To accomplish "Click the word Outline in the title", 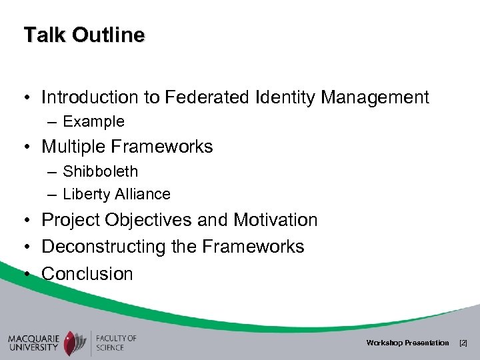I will [x=105, y=35].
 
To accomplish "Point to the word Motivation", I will [x=271, y=220].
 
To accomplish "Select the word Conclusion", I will [x=87, y=273].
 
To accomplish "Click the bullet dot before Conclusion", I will [x=26, y=274].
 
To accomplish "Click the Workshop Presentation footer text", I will [x=407, y=343].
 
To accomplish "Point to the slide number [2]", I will [x=464, y=343].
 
